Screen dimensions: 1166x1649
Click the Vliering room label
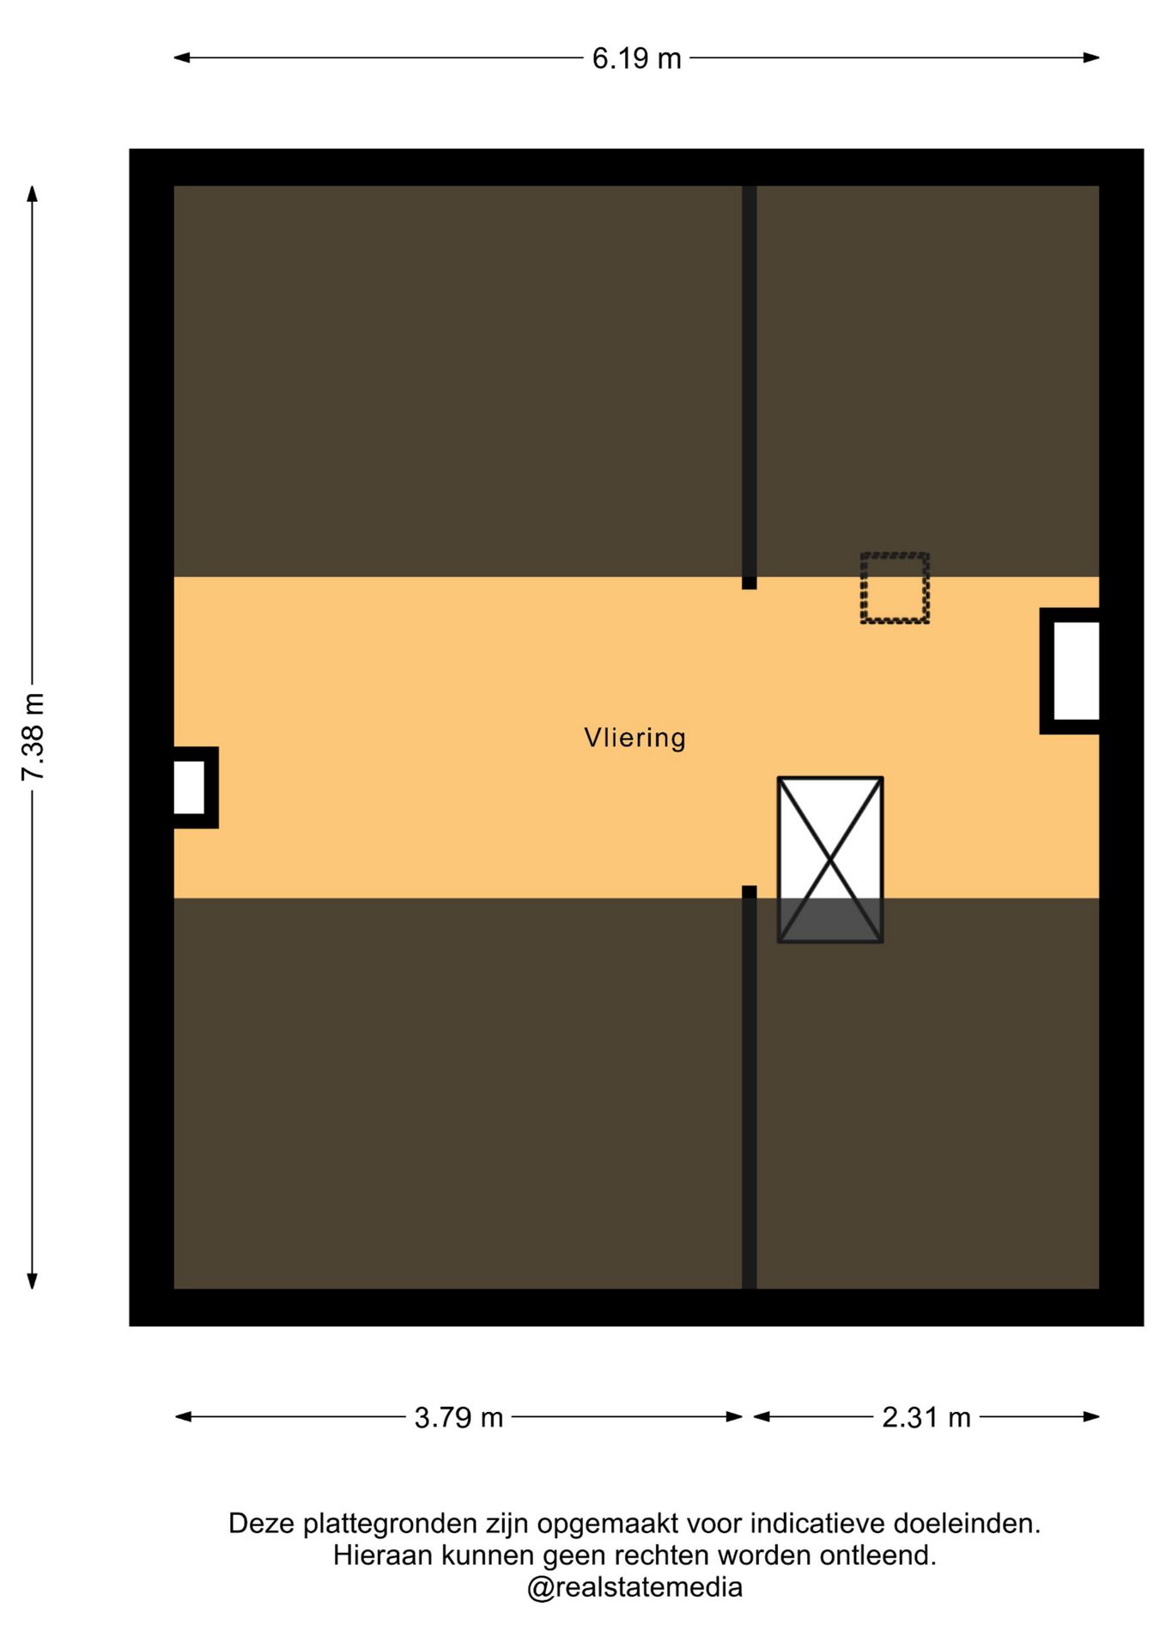pos(635,738)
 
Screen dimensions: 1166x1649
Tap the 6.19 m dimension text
pos(636,58)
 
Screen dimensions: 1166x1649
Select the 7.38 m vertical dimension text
pos(33,737)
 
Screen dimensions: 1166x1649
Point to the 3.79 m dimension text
pos(459,1417)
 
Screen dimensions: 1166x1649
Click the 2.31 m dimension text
pos(926,1417)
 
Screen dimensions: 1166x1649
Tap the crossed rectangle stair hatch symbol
pos(830,860)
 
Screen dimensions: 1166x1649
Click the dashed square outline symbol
pos(895,588)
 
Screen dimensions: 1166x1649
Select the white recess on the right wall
pos(1076,671)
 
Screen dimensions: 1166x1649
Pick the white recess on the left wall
pos(189,788)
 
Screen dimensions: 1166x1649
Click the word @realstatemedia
pos(635,1587)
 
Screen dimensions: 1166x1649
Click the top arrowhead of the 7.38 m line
pos(33,194)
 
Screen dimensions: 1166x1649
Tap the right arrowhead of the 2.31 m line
pos(1091,1417)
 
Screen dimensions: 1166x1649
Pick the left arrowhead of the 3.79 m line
pos(184,1417)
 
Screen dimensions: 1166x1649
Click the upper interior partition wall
pos(750,387)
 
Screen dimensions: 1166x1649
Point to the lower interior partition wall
pos(750,1087)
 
